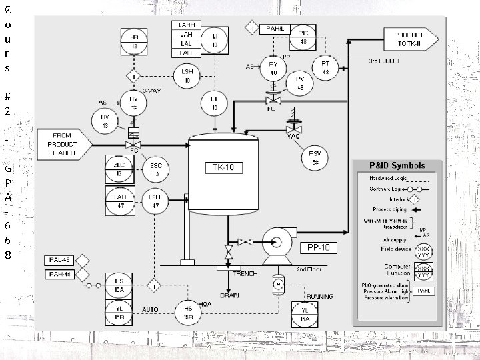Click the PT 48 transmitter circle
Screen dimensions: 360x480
(325, 68)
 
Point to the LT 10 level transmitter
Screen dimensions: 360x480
(215, 103)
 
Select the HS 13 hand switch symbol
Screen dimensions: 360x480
(134, 42)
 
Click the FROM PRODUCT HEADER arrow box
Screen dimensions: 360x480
(62, 144)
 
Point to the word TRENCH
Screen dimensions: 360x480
(244, 274)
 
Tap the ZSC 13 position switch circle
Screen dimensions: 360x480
(155, 170)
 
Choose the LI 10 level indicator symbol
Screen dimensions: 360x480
(215, 39)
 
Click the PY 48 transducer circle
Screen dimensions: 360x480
(273, 68)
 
